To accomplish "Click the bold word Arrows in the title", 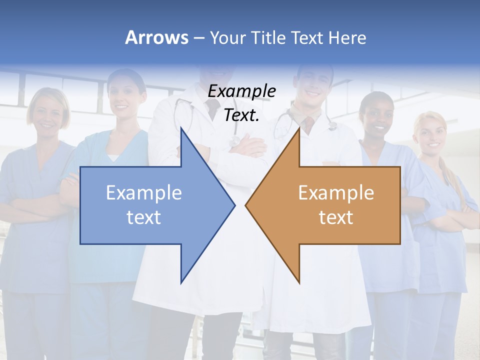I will click(x=156, y=37).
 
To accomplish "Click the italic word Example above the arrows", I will click(x=241, y=91).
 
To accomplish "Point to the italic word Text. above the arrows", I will click(x=241, y=115).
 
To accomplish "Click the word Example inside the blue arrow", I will click(x=143, y=193).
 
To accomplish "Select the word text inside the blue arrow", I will click(x=143, y=217).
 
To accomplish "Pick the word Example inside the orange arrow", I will click(x=336, y=193).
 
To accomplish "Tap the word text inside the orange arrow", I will click(x=336, y=217).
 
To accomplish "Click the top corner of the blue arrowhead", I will click(x=181, y=128).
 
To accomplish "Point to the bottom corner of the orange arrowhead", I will click(x=299, y=283).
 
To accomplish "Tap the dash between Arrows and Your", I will click(x=198, y=38).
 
